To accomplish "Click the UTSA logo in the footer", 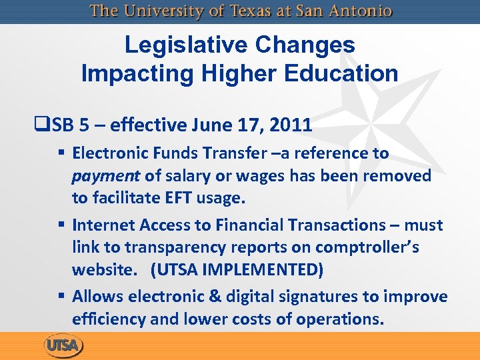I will [x=63, y=346].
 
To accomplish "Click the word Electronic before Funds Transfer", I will [x=107, y=153].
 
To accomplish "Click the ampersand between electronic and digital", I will [x=201, y=296].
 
